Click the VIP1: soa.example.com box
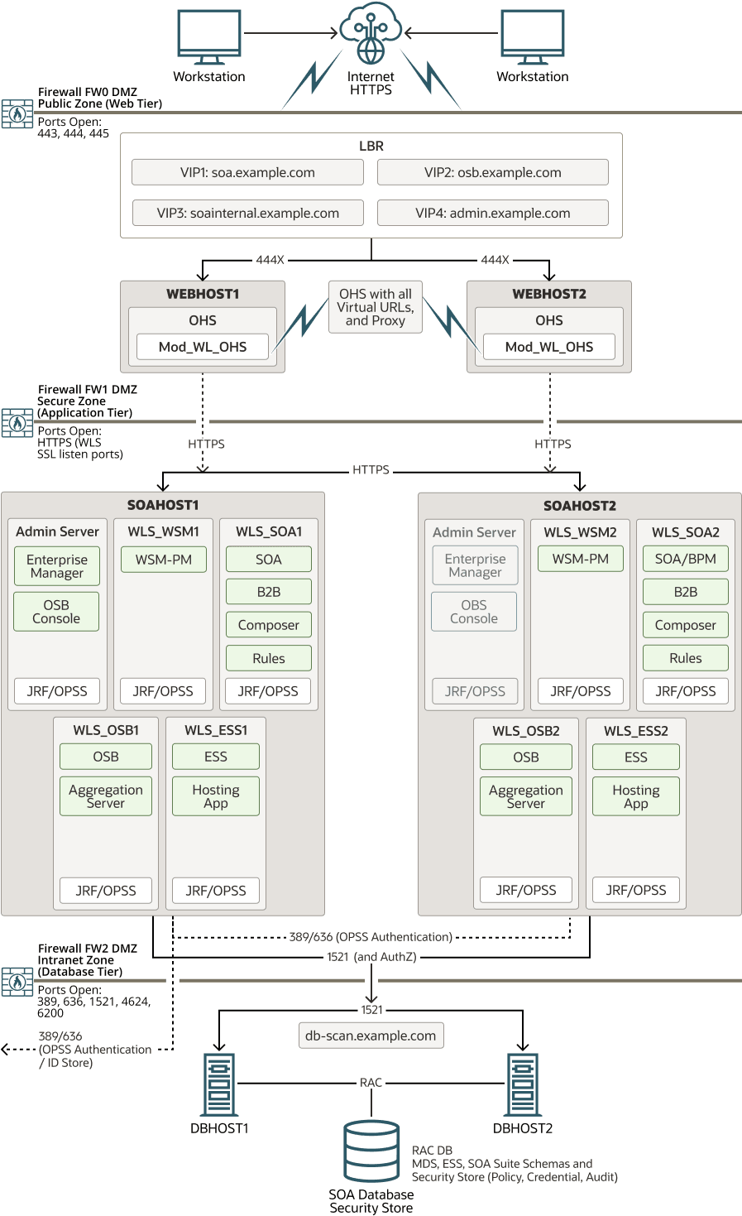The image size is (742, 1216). click(x=247, y=173)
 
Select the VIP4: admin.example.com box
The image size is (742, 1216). click(x=492, y=213)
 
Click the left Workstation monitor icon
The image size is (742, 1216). click(x=209, y=36)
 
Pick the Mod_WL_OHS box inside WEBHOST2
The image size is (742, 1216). click(x=548, y=347)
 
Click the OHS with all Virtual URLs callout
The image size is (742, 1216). click(x=376, y=307)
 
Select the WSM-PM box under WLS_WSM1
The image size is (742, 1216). click(x=164, y=560)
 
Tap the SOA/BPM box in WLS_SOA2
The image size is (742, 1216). click(x=685, y=559)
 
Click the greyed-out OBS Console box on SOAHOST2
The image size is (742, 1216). click(x=474, y=612)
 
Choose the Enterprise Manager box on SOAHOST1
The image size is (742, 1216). click(x=57, y=566)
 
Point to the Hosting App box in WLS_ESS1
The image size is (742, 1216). click(x=216, y=796)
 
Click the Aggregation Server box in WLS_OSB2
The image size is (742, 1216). click(x=525, y=796)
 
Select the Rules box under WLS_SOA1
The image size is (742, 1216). click(x=269, y=658)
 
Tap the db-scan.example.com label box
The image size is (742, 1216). click(x=371, y=1036)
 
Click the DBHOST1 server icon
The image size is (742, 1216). click(x=219, y=1084)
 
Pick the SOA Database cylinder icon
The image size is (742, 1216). click(x=371, y=1151)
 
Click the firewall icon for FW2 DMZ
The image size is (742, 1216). click(x=17, y=982)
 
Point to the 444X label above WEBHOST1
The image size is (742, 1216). click(x=270, y=260)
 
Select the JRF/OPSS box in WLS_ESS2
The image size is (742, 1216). click(x=635, y=890)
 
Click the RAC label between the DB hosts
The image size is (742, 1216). click(x=371, y=1083)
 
